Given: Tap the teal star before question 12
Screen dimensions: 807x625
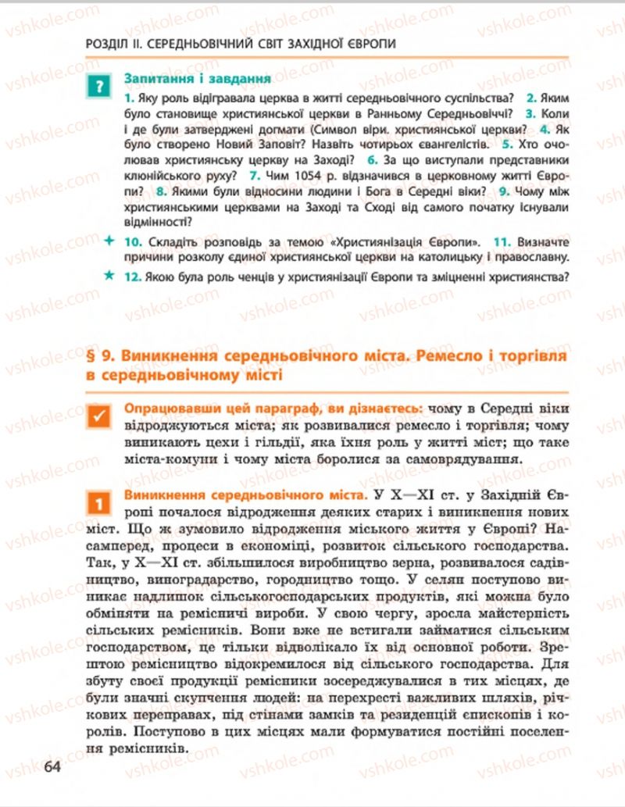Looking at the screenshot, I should [x=108, y=276].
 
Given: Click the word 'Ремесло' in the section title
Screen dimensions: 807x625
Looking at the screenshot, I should [x=452, y=356].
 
